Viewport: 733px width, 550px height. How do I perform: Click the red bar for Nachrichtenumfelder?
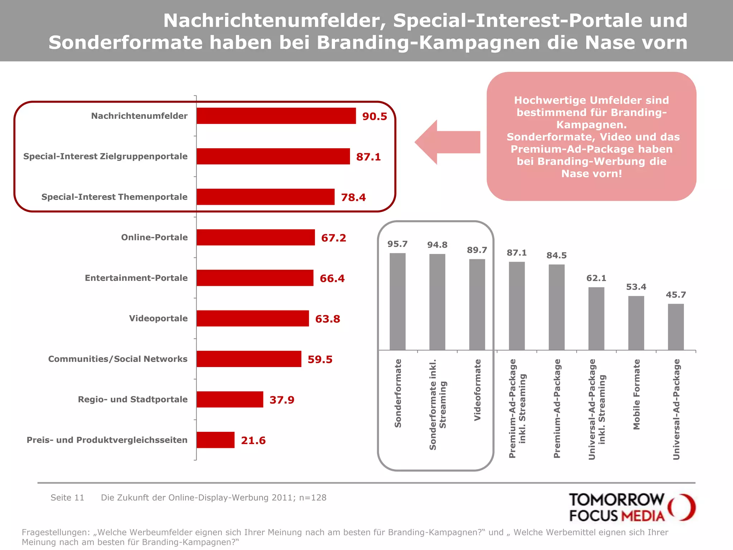(x=276, y=116)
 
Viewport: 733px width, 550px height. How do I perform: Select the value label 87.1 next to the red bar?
(x=368, y=157)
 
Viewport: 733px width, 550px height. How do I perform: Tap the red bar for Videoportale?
(x=253, y=318)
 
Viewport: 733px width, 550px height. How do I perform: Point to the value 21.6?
(x=253, y=440)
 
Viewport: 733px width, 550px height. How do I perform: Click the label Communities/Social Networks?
(x=118, y=359)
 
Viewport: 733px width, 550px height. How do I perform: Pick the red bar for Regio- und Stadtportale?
(x=230, y=399)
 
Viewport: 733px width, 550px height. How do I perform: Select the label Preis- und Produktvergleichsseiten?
(x=107, y=440)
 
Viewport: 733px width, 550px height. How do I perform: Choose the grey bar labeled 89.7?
(x=477, y=304)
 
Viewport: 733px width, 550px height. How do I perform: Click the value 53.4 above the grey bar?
(x=636, y=287)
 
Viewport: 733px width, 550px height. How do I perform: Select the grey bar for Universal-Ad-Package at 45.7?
(x=676, y=327)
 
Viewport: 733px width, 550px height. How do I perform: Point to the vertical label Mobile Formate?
(x=636, y=394)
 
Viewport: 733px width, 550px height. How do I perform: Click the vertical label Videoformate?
(x=477, y=390)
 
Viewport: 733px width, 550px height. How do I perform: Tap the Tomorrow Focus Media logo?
(x=632, y=507)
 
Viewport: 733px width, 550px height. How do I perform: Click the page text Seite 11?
(x=67, y=498)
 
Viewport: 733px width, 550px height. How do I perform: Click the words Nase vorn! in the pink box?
(x=591, y=174)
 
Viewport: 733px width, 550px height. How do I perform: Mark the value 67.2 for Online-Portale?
(x=334, y=238)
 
